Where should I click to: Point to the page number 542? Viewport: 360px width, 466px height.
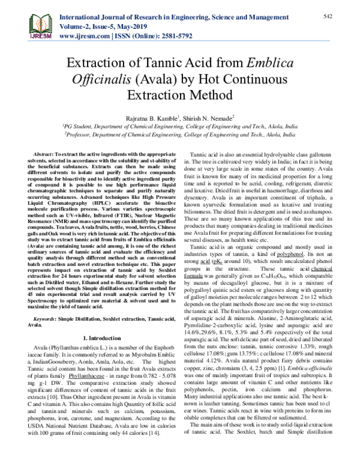point(328,15)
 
